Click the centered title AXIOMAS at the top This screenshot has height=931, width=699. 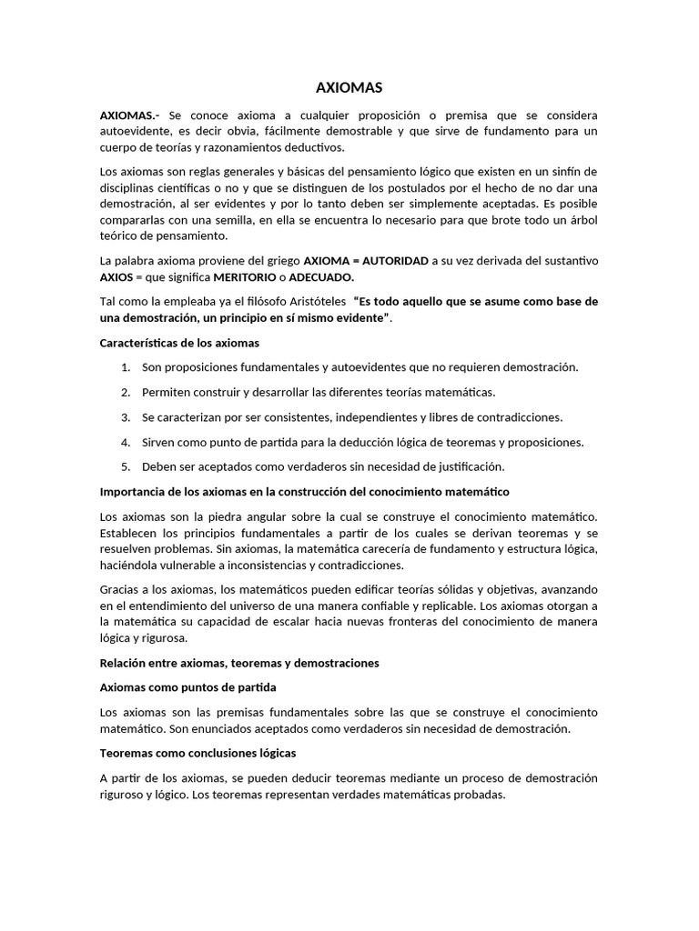tap(349, 87)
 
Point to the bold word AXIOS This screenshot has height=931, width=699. tap(116, 276)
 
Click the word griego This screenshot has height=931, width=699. tap(279, 260)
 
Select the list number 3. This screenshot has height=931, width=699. tap(126, 417)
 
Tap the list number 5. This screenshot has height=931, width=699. tap(126, 466)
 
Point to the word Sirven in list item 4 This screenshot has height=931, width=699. tap(160, 442)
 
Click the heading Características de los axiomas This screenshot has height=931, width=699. tap(179, 343)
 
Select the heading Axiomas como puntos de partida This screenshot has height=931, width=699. tap(187, 687)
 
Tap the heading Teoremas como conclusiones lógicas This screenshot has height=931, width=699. tap(198, 754)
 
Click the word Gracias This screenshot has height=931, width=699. tap(122, 589)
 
